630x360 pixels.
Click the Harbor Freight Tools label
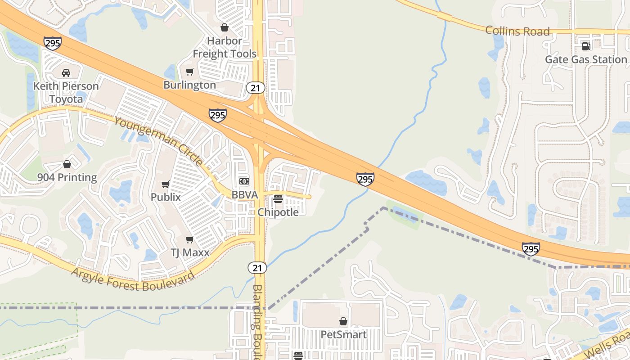pos(225,47)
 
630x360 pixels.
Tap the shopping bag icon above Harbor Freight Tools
pos(225,27)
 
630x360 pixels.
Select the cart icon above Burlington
pos(189,72)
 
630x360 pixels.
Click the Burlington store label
pos(189,85)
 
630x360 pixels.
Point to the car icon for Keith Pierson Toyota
pos(66,73)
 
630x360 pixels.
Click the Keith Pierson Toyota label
pos(66,92)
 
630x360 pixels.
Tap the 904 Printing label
pos(67,177)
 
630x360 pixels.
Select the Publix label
pos(166,197)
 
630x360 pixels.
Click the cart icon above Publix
pos(166,184)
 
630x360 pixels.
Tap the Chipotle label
pos(278,212)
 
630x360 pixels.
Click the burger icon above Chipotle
pos(278,199)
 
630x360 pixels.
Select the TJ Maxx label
pos(190,252)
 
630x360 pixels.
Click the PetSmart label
pos(343,335)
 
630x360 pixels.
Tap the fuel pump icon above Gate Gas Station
pos(586,46)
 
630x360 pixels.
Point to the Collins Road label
pos(517,31)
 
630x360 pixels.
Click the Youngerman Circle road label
pos(158,141)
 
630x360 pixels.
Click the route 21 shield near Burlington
pos(256,88)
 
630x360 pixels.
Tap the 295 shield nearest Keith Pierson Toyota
pos(53,43)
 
